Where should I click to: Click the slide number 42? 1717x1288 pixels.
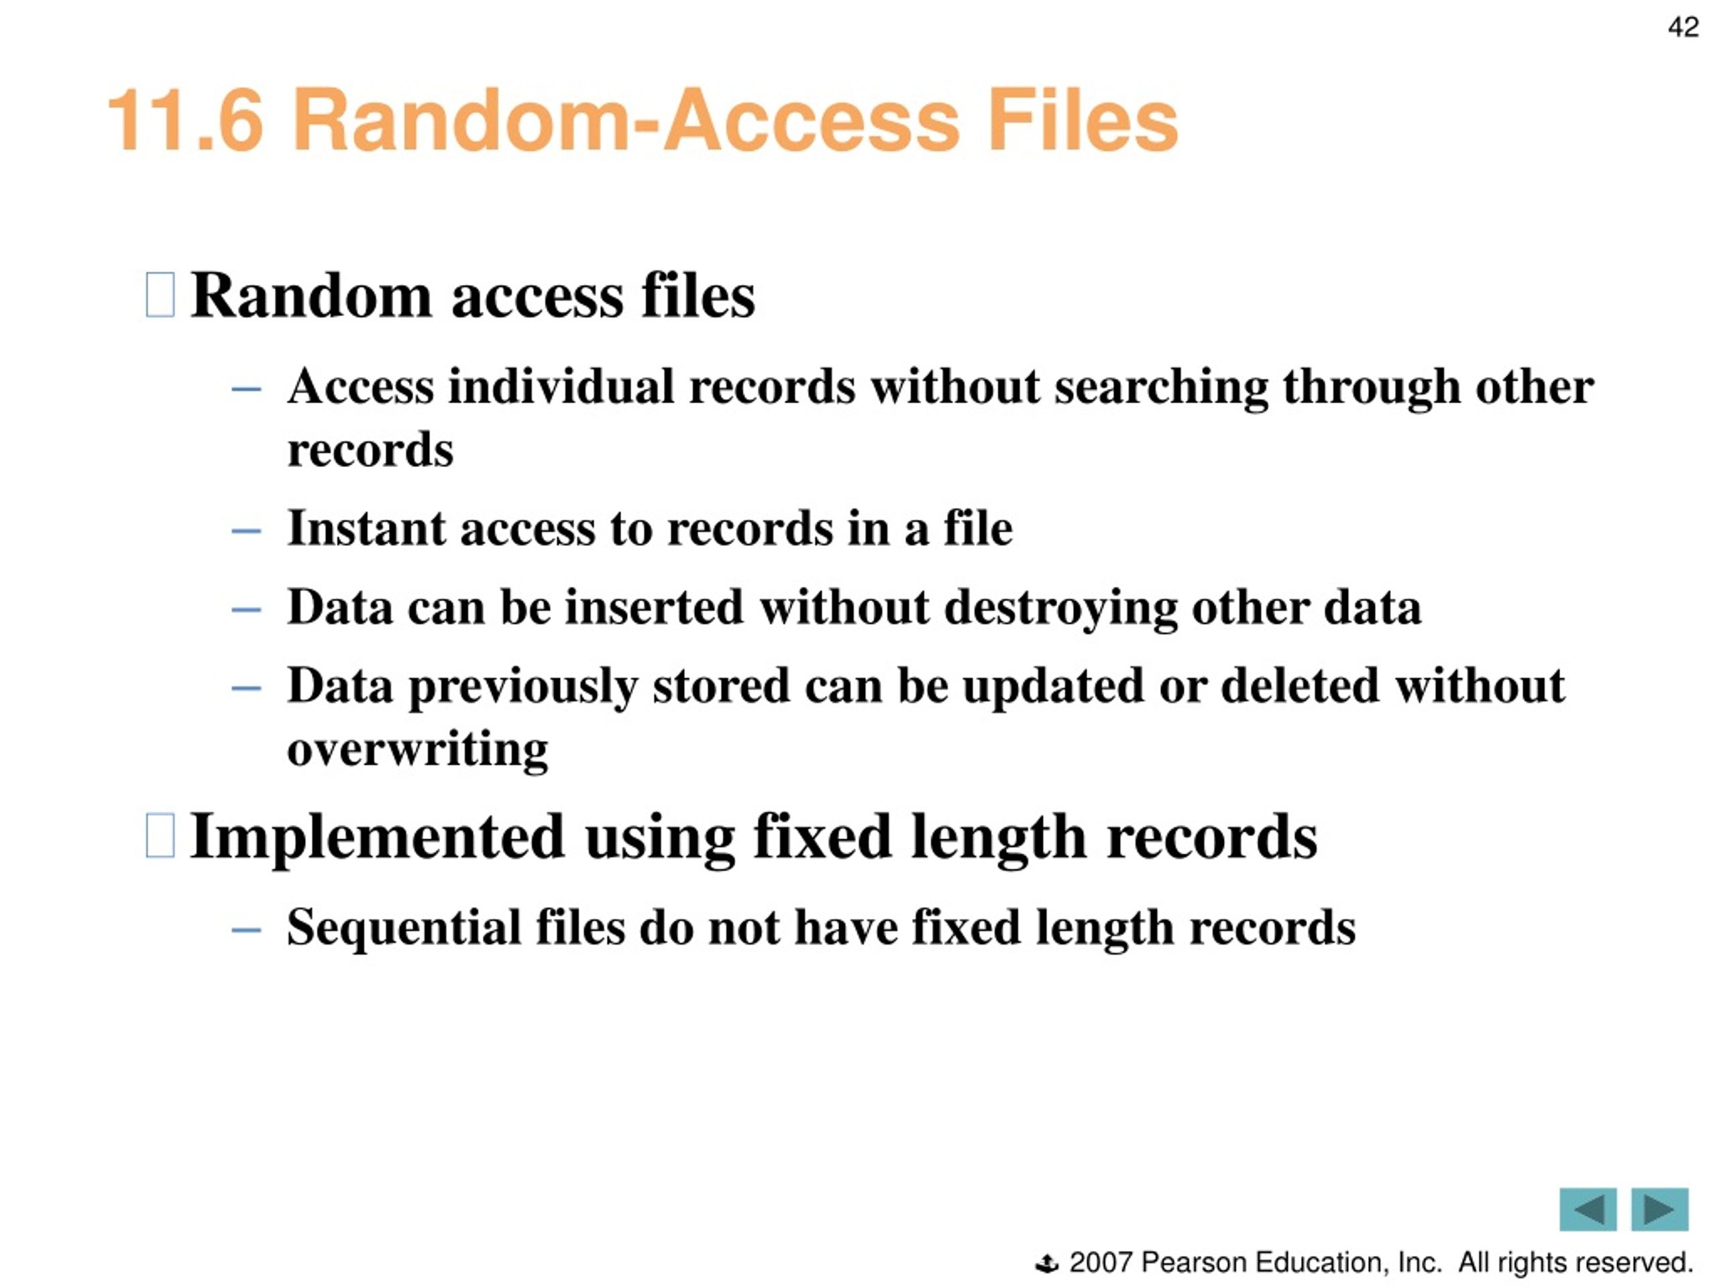1683,28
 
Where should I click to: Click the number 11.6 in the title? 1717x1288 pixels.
186,120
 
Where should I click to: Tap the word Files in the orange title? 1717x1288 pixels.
1083,120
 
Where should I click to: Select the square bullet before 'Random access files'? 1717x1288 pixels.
160,294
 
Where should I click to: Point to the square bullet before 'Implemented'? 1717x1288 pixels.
160,835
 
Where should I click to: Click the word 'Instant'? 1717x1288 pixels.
367,528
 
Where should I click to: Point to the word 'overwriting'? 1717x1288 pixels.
418,750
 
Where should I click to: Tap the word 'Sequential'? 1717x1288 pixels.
404,928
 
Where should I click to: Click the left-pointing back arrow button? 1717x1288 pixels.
1588,1209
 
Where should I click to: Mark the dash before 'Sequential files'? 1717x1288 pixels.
246,929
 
